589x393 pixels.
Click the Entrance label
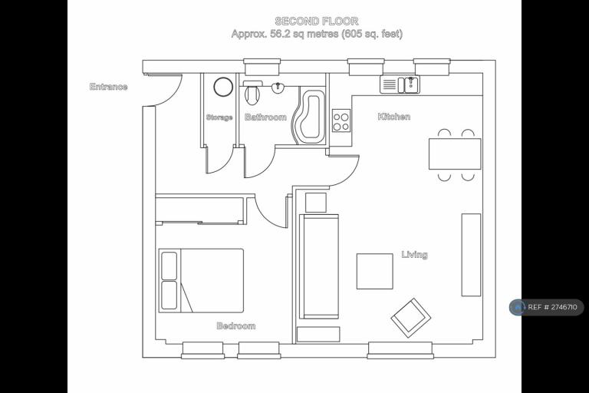click(109, 87)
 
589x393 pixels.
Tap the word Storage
click(219, 117)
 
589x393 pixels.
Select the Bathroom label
click(265, 117)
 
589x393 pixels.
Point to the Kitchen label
click(394, 117)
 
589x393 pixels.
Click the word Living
click(415, 255)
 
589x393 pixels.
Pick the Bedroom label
click(236, 325)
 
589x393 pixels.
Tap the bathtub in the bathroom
click(310, 117)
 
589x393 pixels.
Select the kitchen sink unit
click(400, 84)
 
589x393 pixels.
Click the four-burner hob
click(341, 121)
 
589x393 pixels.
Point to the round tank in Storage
click(223, 87)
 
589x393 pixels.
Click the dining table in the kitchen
click(455, 154)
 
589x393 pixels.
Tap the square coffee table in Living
click(374, 271)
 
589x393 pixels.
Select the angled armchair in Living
click(411, 319)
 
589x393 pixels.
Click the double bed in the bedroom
click(201, 281)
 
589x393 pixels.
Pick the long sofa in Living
click(318, 266)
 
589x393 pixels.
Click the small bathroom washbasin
click(278, 88)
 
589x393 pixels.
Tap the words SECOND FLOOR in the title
click(317, 21)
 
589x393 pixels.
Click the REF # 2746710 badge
click(547, 307)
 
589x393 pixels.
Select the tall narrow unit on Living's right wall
click(471, 255)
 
